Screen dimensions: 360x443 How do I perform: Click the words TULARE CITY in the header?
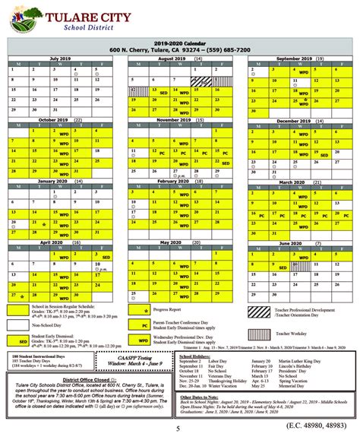pyautogui.click(x=210, y=16)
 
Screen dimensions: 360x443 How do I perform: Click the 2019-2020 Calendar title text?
pyautogui.click(x=179, y=44)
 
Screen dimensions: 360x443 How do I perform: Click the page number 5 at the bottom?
pyautogui.click(x=180, y=434)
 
